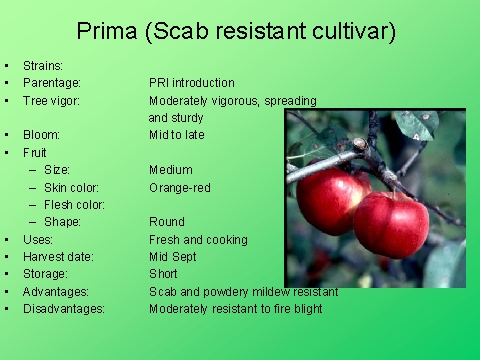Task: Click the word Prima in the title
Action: (107, 31)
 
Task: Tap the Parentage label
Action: (52, 83)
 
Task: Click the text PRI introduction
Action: (191, 83)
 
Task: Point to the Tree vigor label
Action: (54, 101)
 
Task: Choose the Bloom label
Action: (42, 135)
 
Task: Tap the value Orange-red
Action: (180, 187)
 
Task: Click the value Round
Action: (167, 222)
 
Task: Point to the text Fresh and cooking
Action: (198, 240)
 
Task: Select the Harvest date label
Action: (58, 257)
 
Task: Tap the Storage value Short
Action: (164, 274)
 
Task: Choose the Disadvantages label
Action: (64, 309)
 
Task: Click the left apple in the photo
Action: (332, 199)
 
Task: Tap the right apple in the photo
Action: (391, 224)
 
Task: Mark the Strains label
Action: (43, 66)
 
